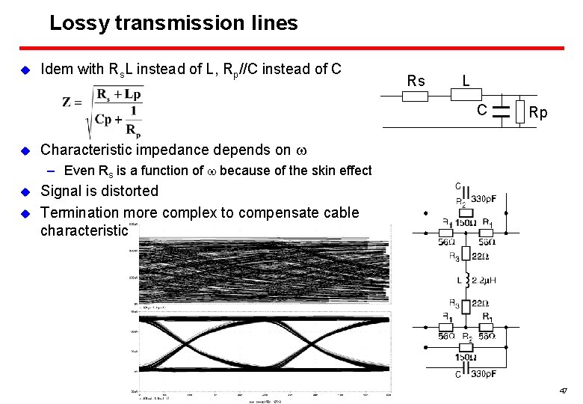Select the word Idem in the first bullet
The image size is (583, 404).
(56, 70)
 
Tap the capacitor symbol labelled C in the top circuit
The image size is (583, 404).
(500, 112)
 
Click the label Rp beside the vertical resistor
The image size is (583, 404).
(538, 113)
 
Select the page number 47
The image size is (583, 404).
(564, 391)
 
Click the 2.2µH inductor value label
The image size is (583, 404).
(490, 281)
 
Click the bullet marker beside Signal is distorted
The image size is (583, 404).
(24, 191)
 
